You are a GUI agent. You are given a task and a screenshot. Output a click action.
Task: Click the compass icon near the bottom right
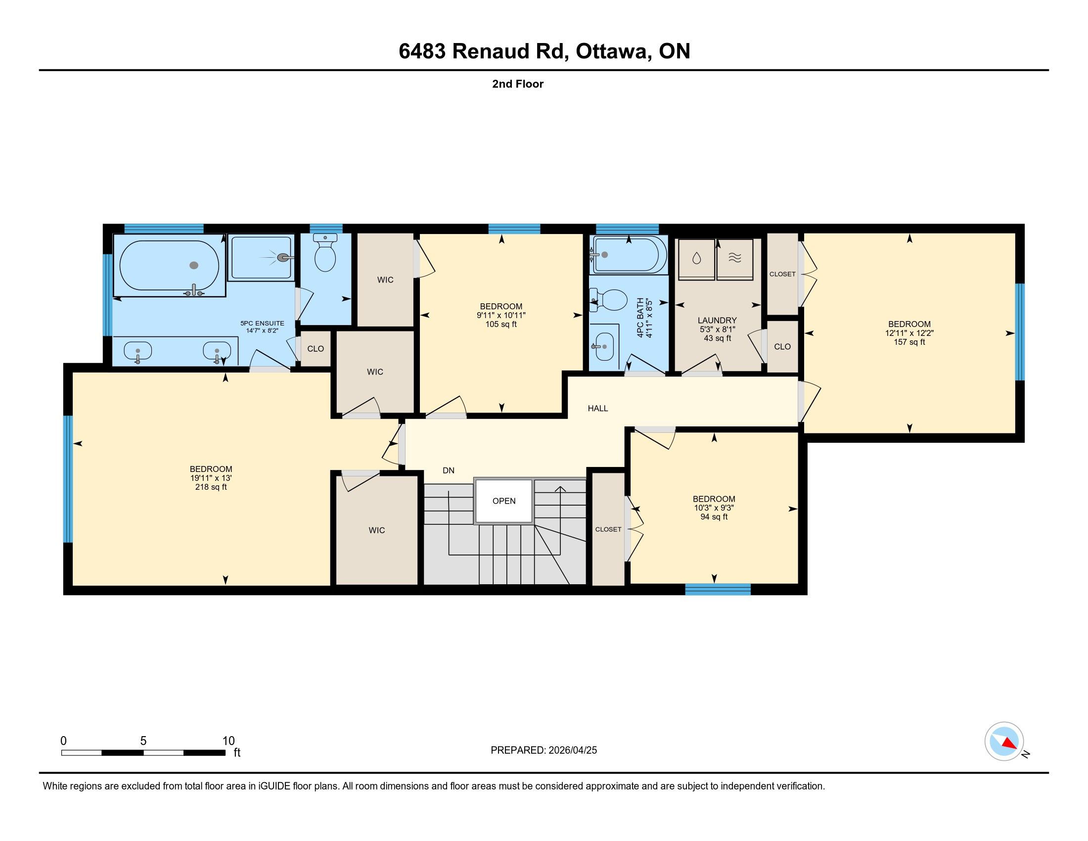1004,741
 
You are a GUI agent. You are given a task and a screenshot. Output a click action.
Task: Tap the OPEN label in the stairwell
503,501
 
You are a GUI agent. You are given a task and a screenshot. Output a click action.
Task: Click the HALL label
598,409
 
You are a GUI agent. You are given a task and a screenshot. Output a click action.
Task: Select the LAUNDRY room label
717,321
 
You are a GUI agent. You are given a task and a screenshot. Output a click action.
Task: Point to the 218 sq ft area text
211,487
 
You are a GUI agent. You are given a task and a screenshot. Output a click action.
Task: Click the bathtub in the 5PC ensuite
169,266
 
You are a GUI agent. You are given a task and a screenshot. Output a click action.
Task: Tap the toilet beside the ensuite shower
325,253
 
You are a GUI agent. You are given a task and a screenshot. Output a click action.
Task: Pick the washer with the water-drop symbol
696,259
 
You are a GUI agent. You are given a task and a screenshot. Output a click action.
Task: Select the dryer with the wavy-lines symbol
735,259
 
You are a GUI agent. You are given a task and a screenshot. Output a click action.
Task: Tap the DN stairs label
449,470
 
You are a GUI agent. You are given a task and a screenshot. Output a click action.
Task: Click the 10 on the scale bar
228,741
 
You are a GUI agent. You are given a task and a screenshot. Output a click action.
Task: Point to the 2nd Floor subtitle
518,84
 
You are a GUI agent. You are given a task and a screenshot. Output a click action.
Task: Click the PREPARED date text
544,750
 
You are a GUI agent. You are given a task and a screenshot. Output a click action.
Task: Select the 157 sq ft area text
909,342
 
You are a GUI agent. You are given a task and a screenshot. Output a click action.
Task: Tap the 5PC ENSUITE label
262,324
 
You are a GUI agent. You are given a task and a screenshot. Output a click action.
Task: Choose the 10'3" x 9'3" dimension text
714,508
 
